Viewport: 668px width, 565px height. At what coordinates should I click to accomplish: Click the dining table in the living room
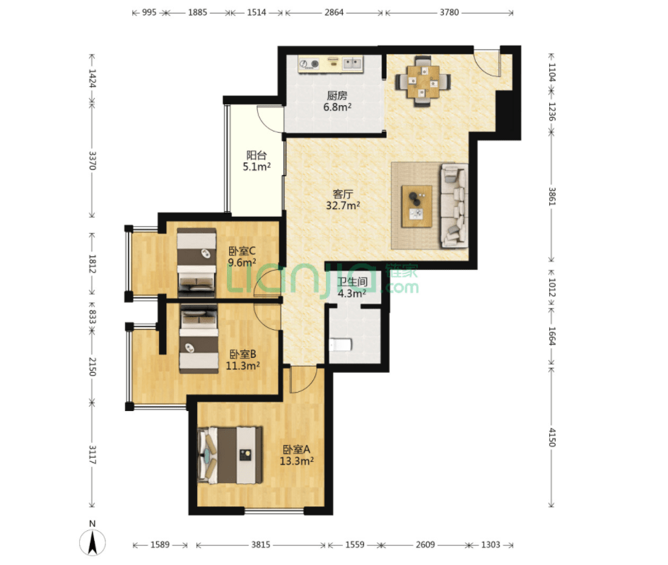pos(423,81)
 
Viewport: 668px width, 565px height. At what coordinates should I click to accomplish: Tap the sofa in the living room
pos(454,206)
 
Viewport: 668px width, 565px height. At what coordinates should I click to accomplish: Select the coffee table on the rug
pos(416,206)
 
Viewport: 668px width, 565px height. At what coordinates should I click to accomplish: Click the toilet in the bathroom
pos(341,344)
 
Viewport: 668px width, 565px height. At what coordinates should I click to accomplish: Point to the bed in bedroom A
pos(230,455)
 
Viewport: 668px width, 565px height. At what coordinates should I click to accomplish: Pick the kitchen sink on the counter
pos(352,64)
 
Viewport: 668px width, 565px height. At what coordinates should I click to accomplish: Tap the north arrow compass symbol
pos(93,541)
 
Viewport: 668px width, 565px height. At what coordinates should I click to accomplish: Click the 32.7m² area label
pos(343,206)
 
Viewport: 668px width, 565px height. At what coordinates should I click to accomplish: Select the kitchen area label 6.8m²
pos(337,107)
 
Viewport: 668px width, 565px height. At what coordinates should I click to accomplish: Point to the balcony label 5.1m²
pos(257,167)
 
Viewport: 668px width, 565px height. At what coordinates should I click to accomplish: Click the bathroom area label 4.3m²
pos(352,293)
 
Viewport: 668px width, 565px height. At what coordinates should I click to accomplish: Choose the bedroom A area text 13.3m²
pos(296,460)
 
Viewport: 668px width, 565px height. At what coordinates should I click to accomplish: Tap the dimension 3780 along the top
pos(449,12)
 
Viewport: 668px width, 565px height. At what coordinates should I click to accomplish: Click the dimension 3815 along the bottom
pos(260,545)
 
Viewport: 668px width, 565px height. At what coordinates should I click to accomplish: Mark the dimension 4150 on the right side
pos(551,437)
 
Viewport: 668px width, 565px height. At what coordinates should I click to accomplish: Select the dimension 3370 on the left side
pos(92,160)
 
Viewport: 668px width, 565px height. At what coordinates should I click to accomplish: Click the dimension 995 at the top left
pos(149,12)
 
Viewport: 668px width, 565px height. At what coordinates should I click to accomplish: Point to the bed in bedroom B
pos(199,338)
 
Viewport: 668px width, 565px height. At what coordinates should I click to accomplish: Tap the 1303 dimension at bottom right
pos(491,545)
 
